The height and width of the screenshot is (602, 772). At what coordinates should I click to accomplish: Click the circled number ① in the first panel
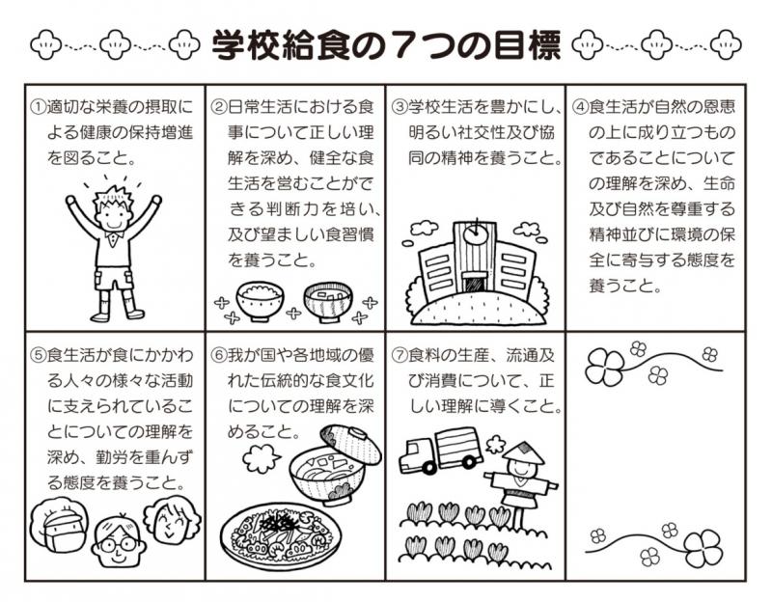(x=38, y=107)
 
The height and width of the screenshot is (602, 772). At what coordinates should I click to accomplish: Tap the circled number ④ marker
(x=581, y=107)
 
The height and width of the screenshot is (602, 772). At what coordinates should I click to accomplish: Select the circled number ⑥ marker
(x=219, y=355)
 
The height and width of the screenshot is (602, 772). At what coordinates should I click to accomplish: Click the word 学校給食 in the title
(x=281, y=45)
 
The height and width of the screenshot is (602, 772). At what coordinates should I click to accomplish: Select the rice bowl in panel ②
(x=260, y=300)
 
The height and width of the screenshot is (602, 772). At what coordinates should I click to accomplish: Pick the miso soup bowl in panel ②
(x=328, y=301)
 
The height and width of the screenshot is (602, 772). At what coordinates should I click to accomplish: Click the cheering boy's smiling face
(x=113, y=213)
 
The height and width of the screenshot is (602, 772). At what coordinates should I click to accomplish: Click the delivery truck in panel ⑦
(x=440, y=451)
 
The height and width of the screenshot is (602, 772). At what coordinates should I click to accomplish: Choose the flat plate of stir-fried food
(x=281, y=535)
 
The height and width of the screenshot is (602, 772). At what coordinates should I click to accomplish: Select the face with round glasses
(x=118, y=540)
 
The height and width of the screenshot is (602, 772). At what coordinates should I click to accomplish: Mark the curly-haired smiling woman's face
(x=173, y=519)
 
